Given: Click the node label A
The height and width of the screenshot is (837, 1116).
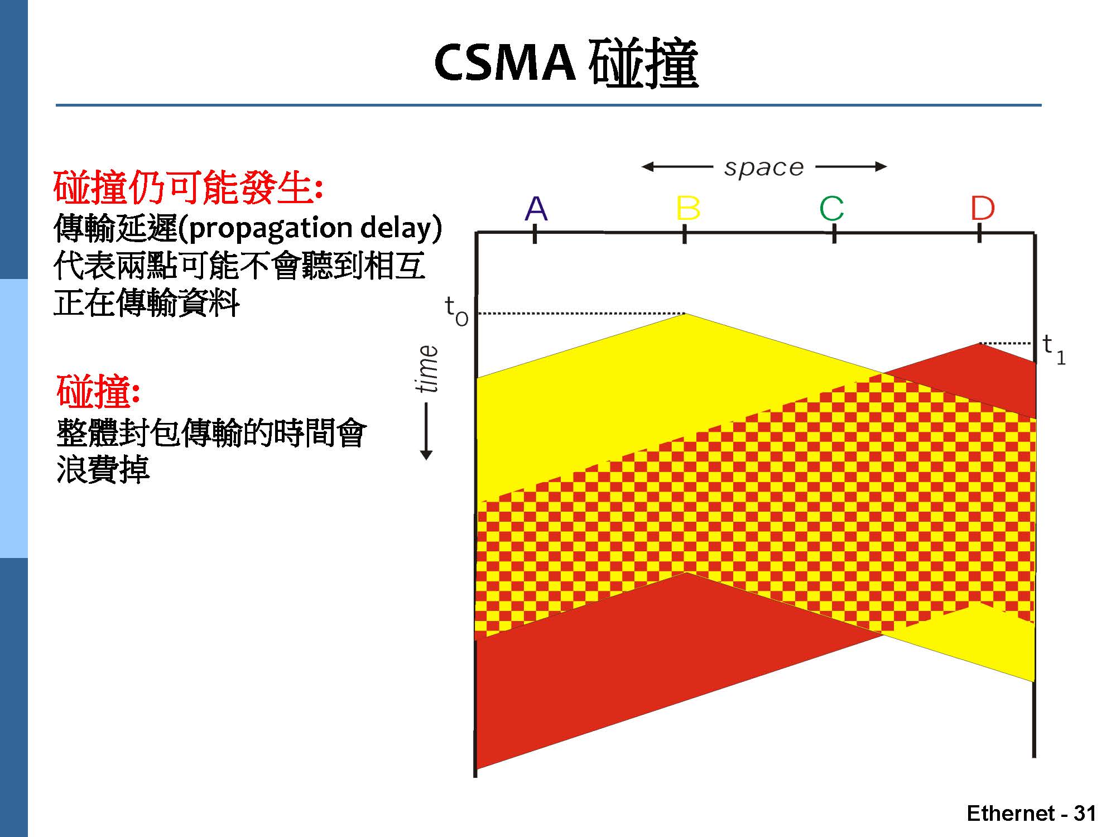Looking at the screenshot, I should [536, 209].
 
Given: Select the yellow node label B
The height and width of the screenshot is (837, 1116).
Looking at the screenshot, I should [687, 209].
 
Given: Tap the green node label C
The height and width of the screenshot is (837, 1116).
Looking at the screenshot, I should [831, 209].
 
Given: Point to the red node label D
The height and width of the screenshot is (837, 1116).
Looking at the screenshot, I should [982, 209].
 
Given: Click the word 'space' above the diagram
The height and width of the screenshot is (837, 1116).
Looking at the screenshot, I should [764, 167].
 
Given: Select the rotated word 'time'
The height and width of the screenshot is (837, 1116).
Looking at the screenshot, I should [428, 368].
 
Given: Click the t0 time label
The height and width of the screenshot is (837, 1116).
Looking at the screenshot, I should [456, 310].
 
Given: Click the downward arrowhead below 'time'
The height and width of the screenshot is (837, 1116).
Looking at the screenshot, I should [427, 454].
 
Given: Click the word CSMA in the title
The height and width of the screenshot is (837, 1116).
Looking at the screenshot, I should [504, 62].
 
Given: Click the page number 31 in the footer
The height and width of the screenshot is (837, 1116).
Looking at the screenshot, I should [1085, 813].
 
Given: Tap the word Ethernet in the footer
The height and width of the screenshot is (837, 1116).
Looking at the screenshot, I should [1011, 813].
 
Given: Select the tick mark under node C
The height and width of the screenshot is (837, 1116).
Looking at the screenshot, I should [834, 234].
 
